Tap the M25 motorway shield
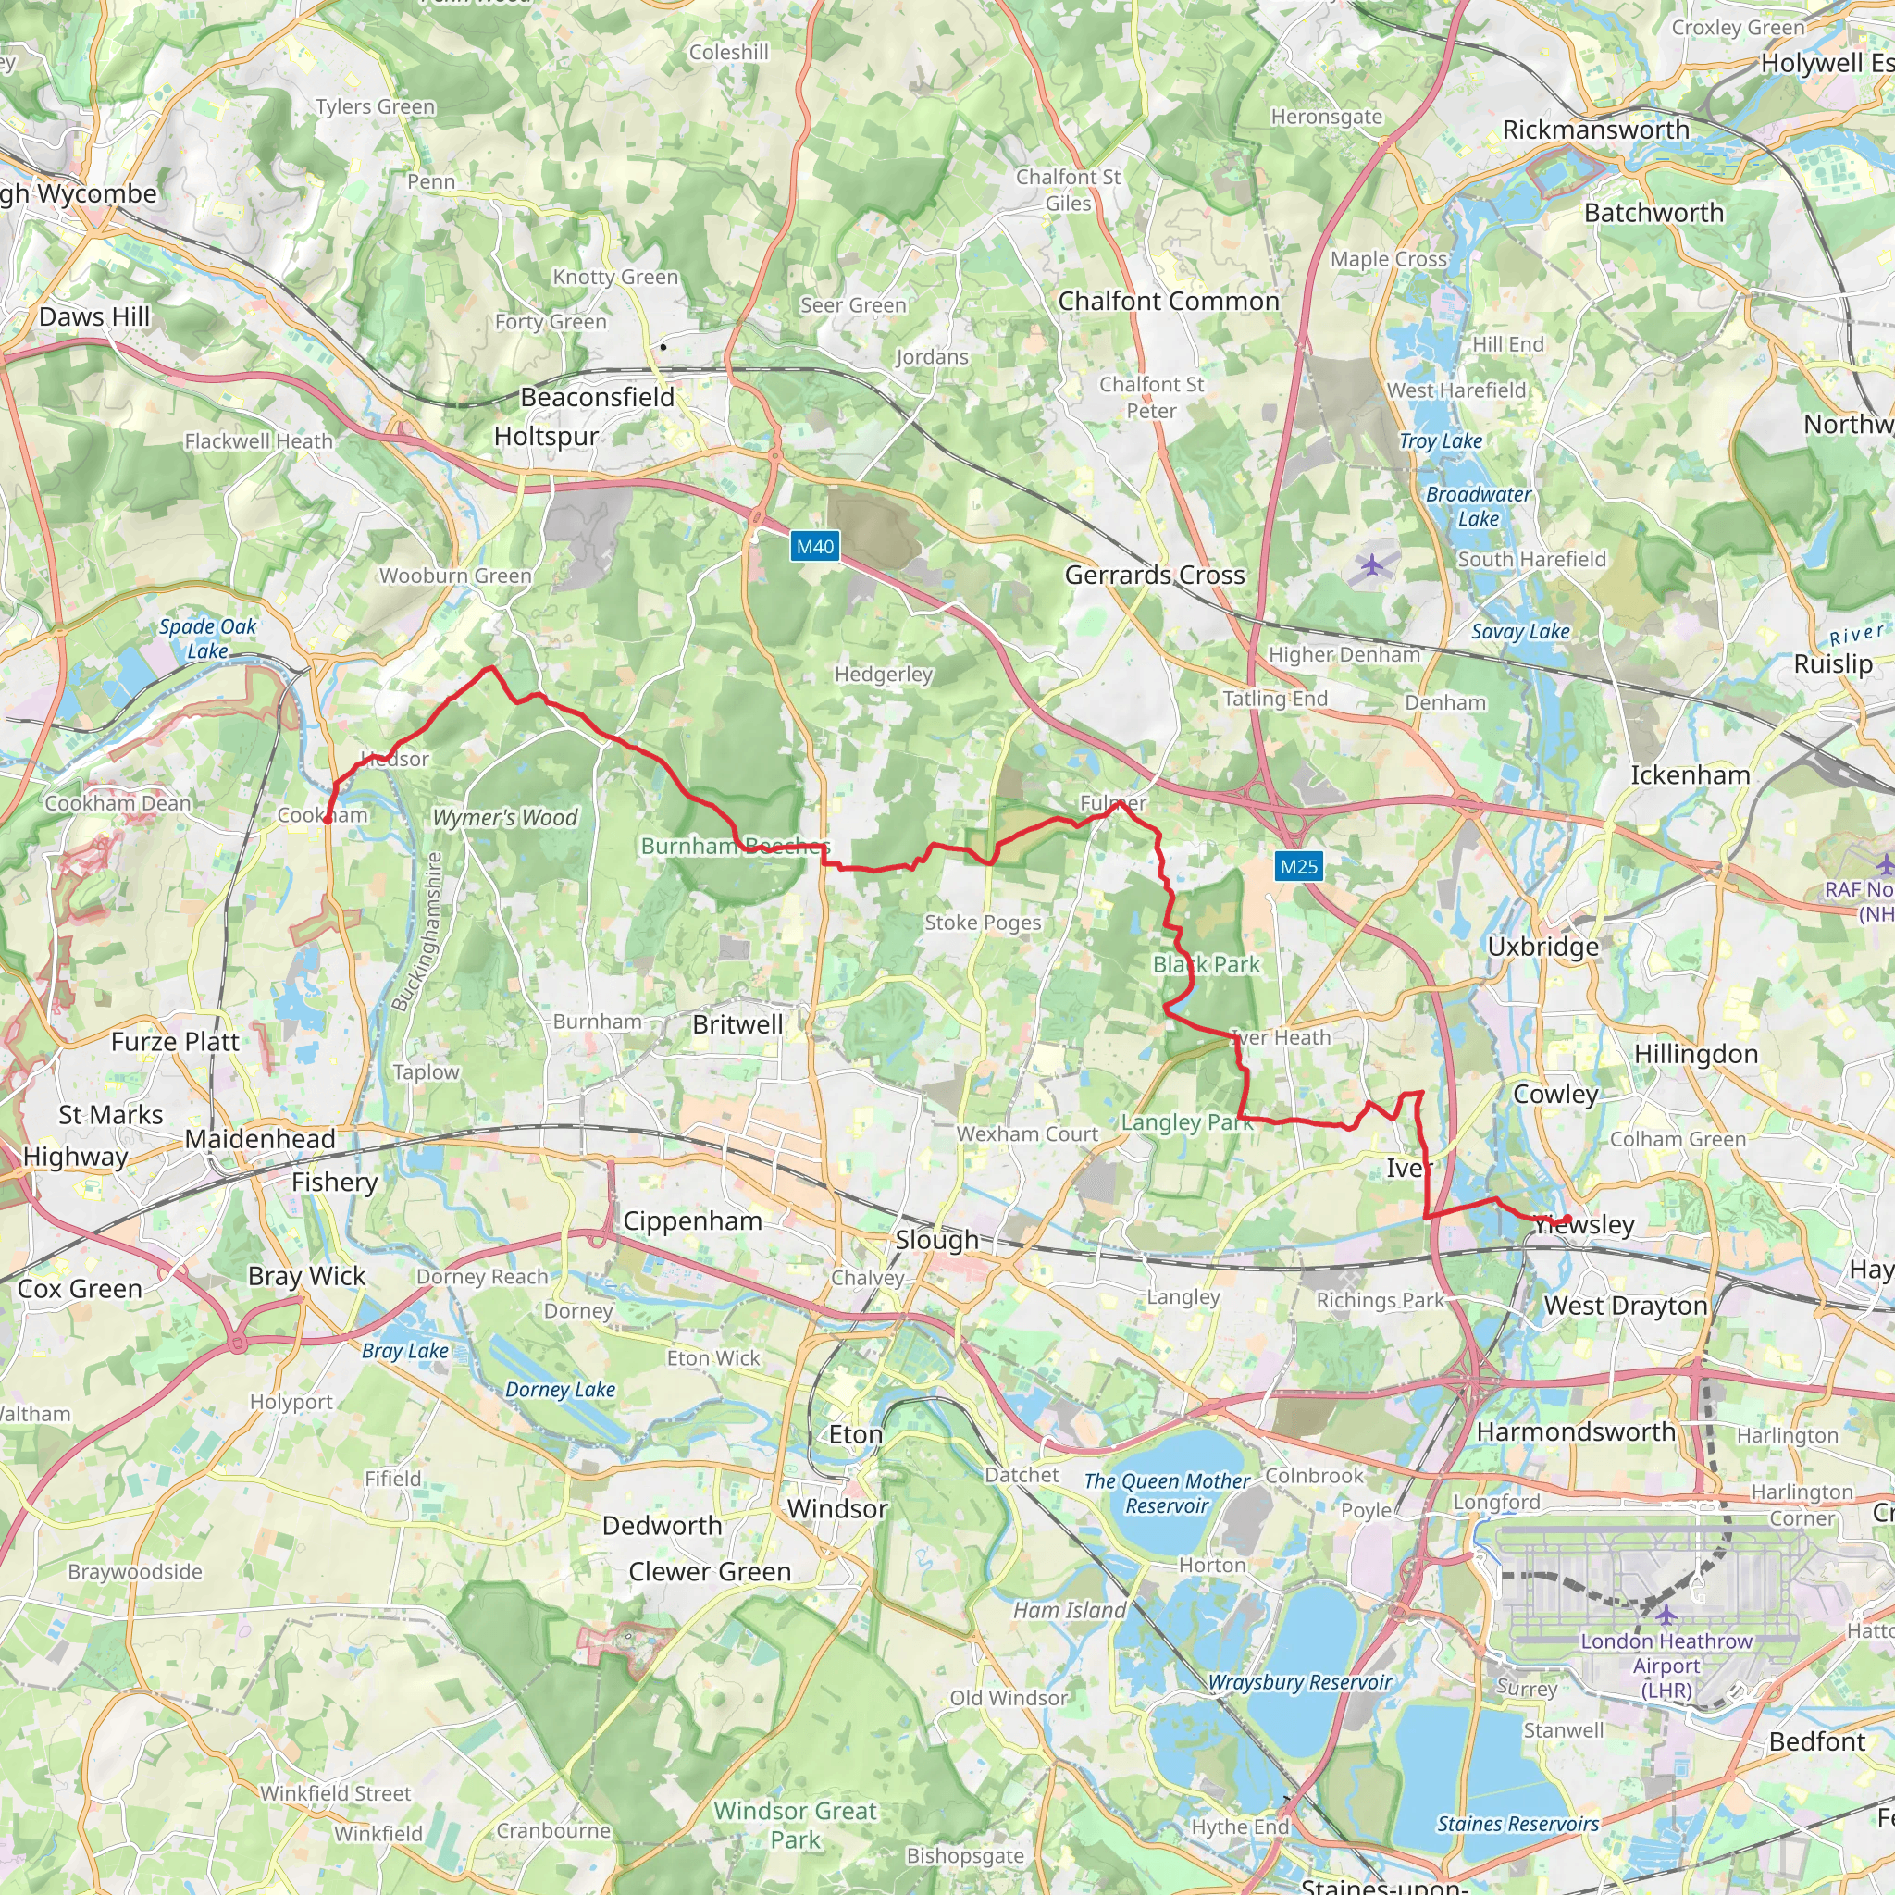point(1298,866)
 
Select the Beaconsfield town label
point(597,397)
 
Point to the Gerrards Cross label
point(1155,575)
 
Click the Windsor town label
point(836,1508)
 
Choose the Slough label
point(936,1240)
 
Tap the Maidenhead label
point(260,1139)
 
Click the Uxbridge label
point(1542,947)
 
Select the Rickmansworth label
point(1596,130)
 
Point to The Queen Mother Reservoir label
point(1166,1492)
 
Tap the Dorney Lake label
point(560,1389)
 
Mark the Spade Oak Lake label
point(207,638)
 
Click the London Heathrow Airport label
point(1666,1666)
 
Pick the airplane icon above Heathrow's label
point(1666,1615)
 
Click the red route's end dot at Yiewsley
point(1568,1220)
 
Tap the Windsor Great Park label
point(795,1825)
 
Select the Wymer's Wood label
point(505,817)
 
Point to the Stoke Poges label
point(983,922)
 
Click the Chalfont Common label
point(1169,301)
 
